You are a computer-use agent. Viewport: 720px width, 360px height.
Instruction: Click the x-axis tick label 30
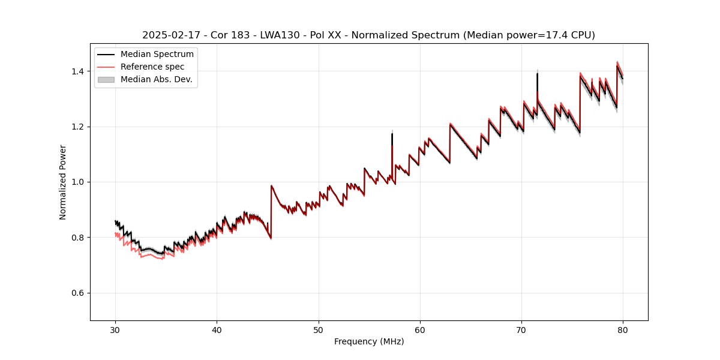click(115, 330)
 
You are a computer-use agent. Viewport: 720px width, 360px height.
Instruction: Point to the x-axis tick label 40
click(217, 330)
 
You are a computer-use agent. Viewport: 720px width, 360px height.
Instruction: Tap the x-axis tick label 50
click(319, 330)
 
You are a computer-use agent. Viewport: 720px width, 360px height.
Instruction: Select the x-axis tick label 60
click(420, 330)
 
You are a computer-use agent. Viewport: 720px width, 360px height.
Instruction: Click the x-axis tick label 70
click(521, 330)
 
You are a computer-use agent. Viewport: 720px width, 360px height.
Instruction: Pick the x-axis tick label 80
click(623, 330)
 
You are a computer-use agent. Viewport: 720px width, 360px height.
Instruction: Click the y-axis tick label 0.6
click(77, 293)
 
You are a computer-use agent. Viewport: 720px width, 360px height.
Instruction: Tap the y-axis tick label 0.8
click(77, 238)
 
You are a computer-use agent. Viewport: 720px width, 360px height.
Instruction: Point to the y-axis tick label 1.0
click(77, 182)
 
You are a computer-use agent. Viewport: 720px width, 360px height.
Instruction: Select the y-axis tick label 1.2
click(77, 127)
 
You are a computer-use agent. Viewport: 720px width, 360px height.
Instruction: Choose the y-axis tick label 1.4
click(77, 71)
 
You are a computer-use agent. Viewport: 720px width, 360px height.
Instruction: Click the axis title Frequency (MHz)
click(369, 341)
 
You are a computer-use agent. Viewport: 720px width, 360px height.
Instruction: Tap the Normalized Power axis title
click(63, 182)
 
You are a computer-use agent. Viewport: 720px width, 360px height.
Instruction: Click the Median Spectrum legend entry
click(157, 54)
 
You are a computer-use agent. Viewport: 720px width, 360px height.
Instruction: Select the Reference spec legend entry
click(152, 67)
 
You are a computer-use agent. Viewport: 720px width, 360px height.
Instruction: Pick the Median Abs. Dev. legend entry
click(156, 79)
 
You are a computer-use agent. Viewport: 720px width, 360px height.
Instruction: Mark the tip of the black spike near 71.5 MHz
click(537, 73)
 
